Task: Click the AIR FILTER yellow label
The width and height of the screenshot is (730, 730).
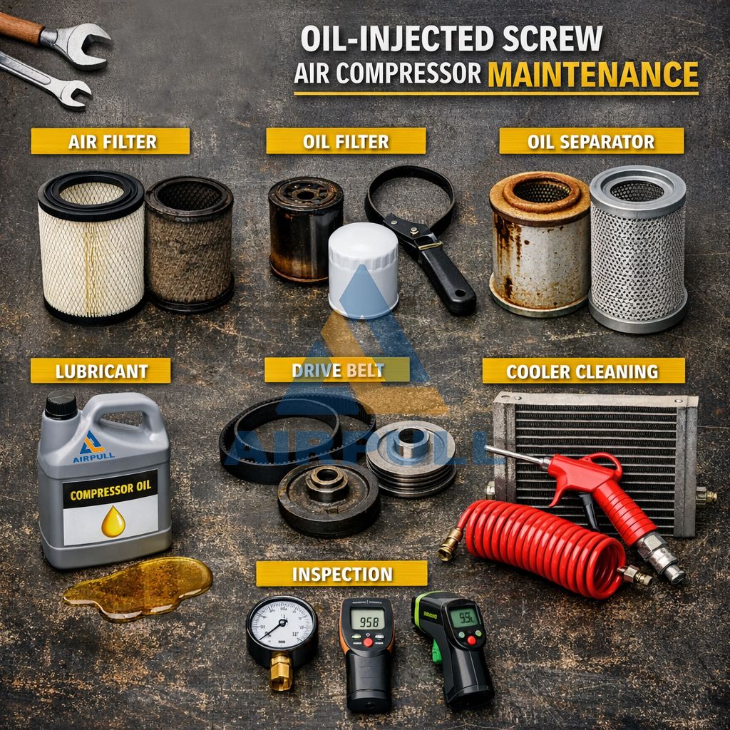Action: click(x=110, y=141)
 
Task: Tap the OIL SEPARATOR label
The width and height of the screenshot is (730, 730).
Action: click(x=591, y=141)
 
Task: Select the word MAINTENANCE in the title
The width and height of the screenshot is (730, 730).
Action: click(x=592, y=75)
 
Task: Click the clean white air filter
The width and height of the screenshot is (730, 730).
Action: click(x=91, y=246)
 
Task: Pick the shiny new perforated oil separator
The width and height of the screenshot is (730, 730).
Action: click(x=638, y=250)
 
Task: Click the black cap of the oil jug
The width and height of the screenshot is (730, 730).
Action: click(x=61, y=404)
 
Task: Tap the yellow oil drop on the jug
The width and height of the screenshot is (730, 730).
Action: click(x=113, y=522)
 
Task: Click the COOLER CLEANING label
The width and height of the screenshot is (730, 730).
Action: click(x=582, y=371)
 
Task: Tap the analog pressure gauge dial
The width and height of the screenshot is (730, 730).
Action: click(x=282, y=622)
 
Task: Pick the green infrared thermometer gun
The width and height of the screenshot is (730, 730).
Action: click(x=456, y=642)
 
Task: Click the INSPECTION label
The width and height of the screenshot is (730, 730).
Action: click(x=341, y=574)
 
